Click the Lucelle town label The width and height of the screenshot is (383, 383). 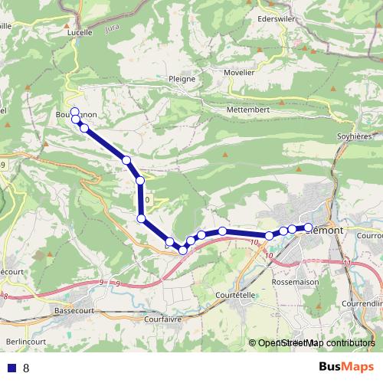coord(80,33)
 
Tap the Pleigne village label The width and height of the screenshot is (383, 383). coord(182,78)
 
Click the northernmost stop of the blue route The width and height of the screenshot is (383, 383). coord(75,110)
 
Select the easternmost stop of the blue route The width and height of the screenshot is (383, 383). coord(308,228)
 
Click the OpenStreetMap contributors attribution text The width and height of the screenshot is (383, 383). coord(316,344)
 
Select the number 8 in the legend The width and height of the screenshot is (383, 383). coord(26,368)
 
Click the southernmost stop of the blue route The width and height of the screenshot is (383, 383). coord(183,250)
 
